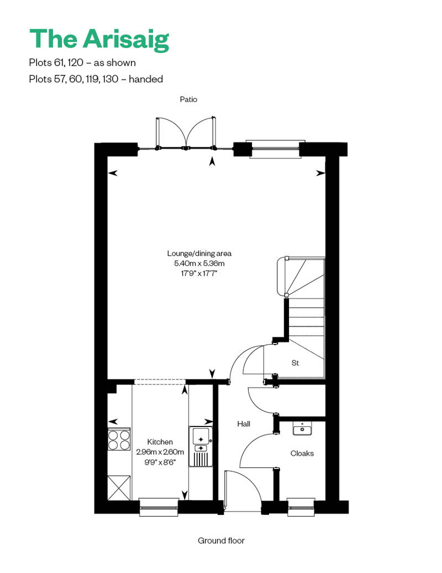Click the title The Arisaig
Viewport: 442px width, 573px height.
point(99,39)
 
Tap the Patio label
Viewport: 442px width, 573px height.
point(188,100)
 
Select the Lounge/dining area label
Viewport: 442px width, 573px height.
point(196,253)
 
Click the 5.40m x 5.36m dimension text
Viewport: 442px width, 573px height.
point(196,263)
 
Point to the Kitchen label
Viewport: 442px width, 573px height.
point(160,442)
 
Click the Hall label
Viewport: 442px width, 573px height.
point(244,424)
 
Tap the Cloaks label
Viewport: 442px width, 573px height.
point(302,453)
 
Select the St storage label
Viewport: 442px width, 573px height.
point(295,363)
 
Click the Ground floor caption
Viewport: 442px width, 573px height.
point(221,540)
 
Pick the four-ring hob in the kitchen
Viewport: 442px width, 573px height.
point(119,440)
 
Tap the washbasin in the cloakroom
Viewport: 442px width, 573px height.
point(302,429)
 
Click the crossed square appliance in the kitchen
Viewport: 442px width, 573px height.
point(119,486)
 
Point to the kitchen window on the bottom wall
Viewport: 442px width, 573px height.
point(159,507)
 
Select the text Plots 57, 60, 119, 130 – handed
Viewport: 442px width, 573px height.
point(96,79)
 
